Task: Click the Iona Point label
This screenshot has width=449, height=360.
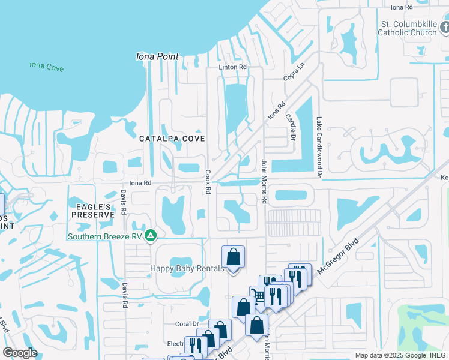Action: pyautogui.click(x=157, y=56)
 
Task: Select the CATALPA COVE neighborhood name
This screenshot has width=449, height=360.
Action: pyautogui.click(x=172, y=139)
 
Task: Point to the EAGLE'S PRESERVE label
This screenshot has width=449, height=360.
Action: pyautogui.click(x=92, y=210)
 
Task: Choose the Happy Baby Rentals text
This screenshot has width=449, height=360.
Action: pyautogui.click(x=187, y=268)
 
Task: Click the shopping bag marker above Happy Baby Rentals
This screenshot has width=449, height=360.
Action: pyautogui.click(x=234, y=257)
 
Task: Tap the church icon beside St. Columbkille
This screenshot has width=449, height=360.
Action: pyautogui.click(x=444, y=27)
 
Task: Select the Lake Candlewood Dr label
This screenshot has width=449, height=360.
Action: pyautogui.click(x=319, y=147)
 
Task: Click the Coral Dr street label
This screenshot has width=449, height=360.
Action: pyautogui.click(x=183, y=324)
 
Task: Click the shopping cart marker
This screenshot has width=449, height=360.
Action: pyautogui.click(x=258, y=296)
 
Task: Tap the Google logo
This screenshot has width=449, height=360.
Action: pyautogui.click(x=19, y=353)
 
